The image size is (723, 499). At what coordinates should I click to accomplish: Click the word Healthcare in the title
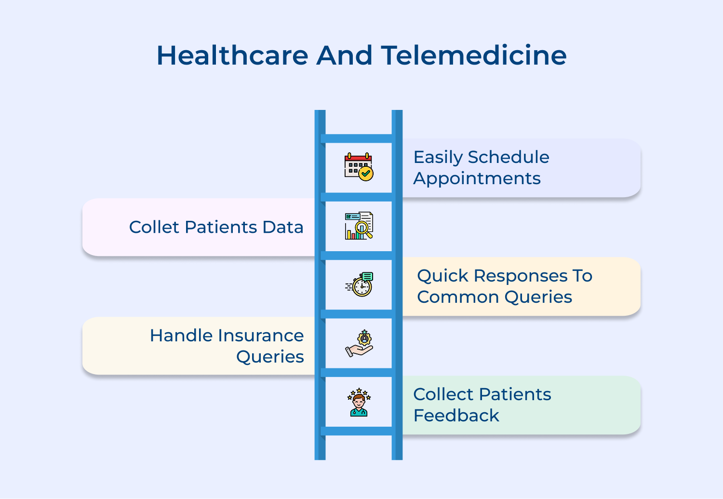pyautogui.click(x=232, y=55)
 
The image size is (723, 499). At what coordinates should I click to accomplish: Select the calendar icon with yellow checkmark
pyautogui.click(x=359, y=167)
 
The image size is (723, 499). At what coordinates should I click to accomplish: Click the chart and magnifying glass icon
pyautogui.click(x=359, y=226)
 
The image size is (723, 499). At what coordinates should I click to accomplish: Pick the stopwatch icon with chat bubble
pyautogui.click(x=360, y=284)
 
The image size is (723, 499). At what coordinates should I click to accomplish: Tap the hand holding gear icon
pyautogui.click(x=359, y=343)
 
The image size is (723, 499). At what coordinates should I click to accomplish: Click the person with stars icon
pyautogui.click(x=359, y=402)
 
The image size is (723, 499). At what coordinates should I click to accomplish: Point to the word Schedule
pyautogui.click(x=509, y=157)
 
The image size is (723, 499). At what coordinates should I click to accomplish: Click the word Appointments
pyautogui.click(x=477, y=179)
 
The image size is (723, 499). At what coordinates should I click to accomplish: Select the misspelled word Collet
pyautogui.click(x=154, y=227)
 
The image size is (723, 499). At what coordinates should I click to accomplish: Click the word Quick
pyautogui.click(x=442, y=276)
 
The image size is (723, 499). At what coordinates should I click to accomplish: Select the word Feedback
pyautogui.click(x=456, y=416)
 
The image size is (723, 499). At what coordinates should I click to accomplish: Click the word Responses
pyautogui.click(x=521, y=276)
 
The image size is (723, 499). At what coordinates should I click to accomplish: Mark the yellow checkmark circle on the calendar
pyautogui.click(x=366, y=174)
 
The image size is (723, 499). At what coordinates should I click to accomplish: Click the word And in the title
pyautogui.click(x=344, y=55)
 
